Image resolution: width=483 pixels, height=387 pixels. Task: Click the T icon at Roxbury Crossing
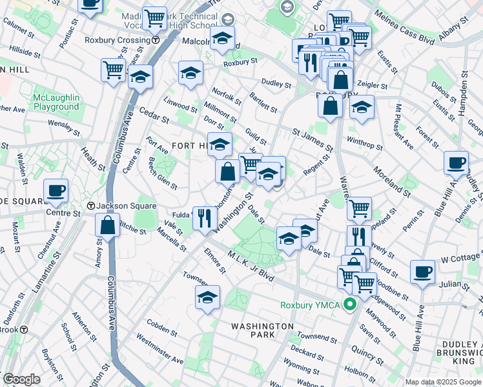pos(156,39)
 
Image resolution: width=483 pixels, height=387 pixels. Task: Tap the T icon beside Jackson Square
pos(91,206)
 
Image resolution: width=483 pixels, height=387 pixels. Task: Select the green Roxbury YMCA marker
pos(351,304)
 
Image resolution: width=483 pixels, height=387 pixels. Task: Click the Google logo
pos(22,379)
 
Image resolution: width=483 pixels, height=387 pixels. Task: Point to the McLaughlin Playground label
pos(56,102)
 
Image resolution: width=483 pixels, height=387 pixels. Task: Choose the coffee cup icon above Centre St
pos(56,190)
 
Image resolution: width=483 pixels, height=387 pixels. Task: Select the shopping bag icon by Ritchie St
pos(107,225)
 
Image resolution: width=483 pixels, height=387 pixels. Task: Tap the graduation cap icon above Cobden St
pos(207,297)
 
